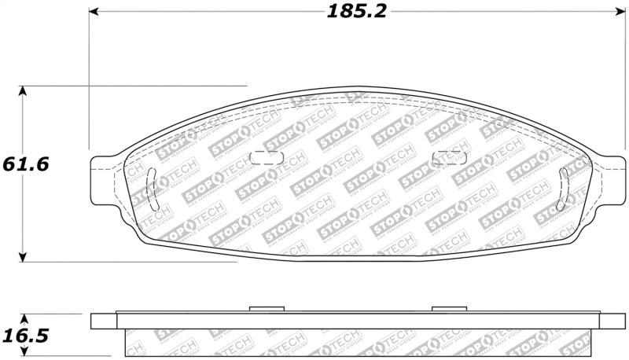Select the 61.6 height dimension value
26,164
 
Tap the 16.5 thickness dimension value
26,336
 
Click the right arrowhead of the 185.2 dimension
619,12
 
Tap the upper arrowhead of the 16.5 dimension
24,319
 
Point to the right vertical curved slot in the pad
564,188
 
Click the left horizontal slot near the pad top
265,156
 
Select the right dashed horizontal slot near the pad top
448,157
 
